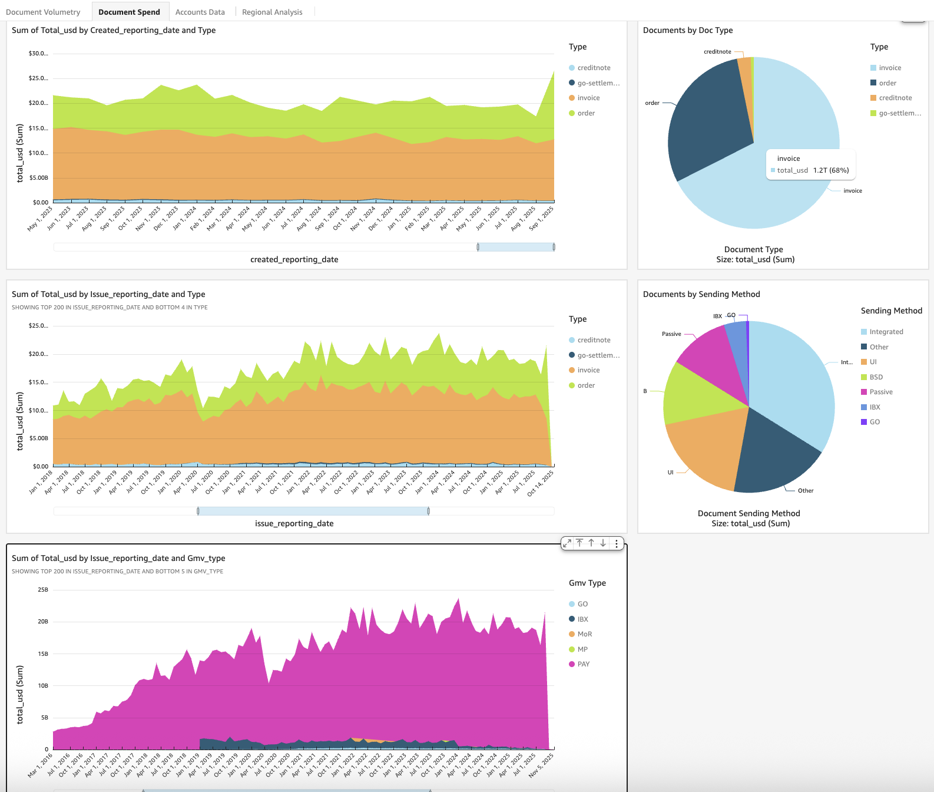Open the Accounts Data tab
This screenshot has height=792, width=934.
[200, 12]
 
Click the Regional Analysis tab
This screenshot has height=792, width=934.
[272, 12]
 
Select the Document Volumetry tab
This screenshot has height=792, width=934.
[43, 12]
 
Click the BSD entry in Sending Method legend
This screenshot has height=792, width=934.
[876, 377]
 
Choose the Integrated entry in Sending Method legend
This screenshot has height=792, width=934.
[886, 332]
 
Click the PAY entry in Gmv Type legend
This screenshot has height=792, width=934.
[583, 664]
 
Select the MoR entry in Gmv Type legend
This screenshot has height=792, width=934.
[584, 634]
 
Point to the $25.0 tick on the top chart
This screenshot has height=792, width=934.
[38, 78]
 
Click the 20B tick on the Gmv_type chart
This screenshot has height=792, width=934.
[43, 622]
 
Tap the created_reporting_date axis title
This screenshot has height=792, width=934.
[294, 259]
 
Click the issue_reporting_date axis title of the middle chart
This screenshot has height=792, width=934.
[294, 523]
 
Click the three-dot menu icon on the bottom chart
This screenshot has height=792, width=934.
[616, 543]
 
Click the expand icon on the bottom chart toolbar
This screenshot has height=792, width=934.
[567, 543]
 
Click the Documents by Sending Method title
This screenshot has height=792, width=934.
[701, 294]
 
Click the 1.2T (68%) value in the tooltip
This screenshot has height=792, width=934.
[831, 170]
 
